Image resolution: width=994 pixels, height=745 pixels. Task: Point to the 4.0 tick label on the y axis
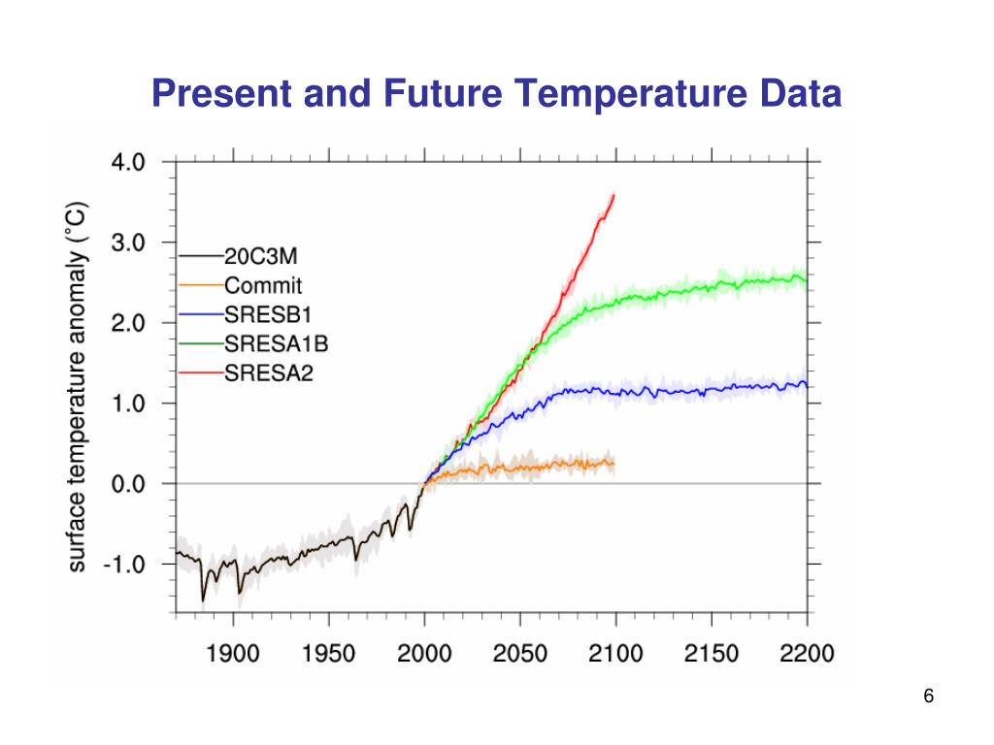126,163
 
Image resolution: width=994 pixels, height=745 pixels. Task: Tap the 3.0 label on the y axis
126,243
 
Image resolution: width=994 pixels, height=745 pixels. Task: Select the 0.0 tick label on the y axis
126,484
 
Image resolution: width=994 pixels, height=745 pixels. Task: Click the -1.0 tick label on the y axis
123,565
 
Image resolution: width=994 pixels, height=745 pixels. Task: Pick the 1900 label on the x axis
233,654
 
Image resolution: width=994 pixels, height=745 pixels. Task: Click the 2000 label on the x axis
424,654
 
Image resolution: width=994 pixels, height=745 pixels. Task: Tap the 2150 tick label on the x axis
712,654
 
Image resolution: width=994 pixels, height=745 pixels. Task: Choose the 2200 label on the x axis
807,654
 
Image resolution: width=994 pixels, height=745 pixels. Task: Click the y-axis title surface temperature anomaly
79,386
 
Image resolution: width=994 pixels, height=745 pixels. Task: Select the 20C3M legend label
262,257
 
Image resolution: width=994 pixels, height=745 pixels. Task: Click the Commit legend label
263,286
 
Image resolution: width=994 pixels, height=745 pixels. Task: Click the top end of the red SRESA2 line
613,196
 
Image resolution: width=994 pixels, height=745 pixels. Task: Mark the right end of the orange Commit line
614,463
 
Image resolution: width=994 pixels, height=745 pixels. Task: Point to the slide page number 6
929,696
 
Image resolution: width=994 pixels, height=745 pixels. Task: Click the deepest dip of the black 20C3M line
204,600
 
